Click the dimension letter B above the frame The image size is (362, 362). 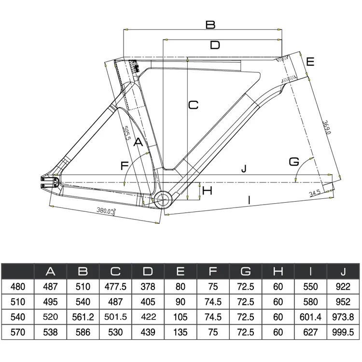pyautogui.click(x=210, y=25)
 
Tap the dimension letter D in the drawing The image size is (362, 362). pyautogui.click(x=215, y=45)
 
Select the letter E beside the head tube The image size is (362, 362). pyautogui.click(x=310, y=61)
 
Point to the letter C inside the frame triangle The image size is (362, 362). pyautogui.click(x=193, y=105)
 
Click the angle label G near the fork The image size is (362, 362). pyautogui.click(x=294, y=161)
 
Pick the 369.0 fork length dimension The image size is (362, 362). pyautogui.click(x=326, y=128)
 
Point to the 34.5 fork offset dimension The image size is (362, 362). pyautogui.click(x=315, y=193)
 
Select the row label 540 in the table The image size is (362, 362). pyautogui.click(x=17, y=317)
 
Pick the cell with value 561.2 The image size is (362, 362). pyautogui.click(x=83, y=317)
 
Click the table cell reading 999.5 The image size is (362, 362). pyautogui.click(x=344, y=332)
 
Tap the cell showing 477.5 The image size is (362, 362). pyautogui.click(x=115, y=287)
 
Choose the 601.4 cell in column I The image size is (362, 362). pyautogui.click(x=311, y=317)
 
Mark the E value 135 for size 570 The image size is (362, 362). pyautogui.click(x=181, y=332)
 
